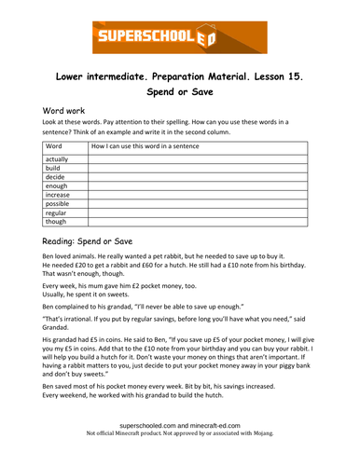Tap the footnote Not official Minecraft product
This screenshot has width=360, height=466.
click(x=180, y=458)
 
